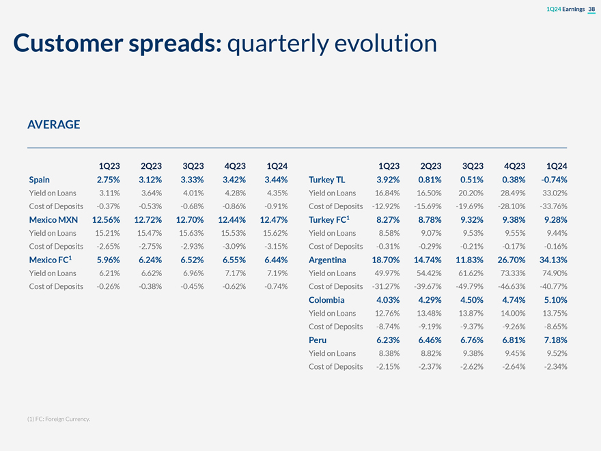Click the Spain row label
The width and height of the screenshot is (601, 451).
40,180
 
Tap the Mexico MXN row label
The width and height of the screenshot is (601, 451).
53,219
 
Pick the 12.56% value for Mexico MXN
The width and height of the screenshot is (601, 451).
106,219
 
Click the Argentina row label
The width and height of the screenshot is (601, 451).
327,260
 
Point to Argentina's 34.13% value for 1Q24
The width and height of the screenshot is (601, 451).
552,260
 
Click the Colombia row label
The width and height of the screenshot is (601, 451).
326,299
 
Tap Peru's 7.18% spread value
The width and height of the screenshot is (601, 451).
554,340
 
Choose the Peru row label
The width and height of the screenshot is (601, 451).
318,340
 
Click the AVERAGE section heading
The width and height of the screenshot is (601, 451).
53,124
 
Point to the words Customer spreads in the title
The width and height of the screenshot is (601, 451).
117,44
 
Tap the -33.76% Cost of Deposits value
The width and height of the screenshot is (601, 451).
552,206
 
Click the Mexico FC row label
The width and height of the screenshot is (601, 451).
51,260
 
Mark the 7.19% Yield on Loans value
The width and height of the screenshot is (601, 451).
276,273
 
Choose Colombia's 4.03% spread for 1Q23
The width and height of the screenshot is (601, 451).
388,299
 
